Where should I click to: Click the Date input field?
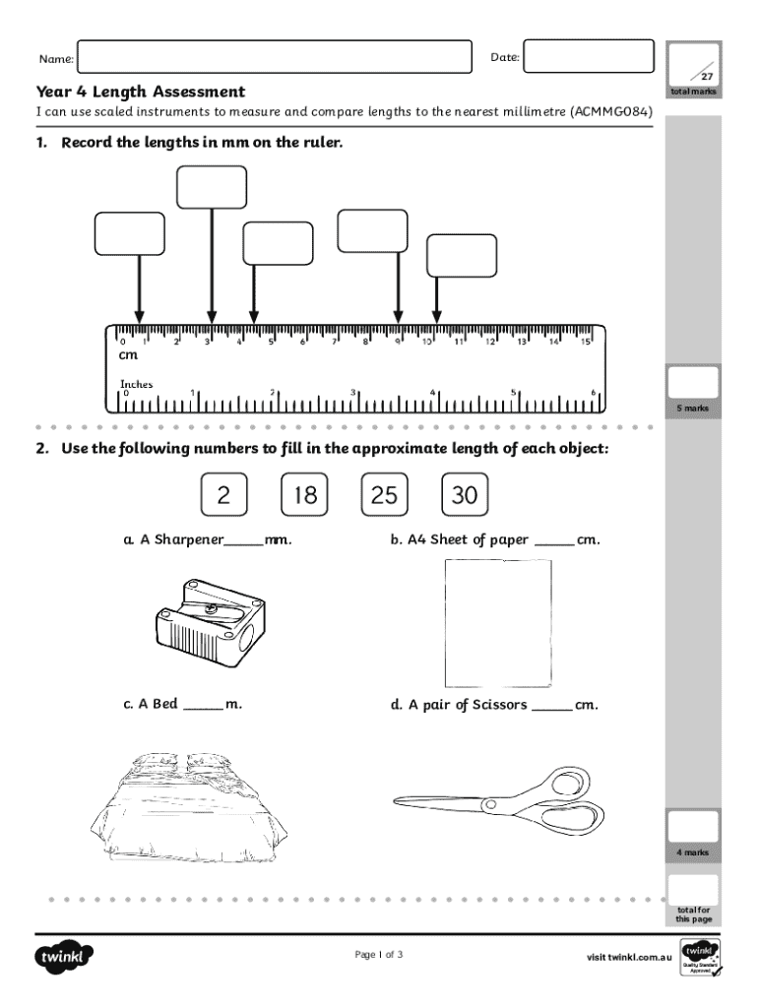pyautogui.click(x=588, y=57)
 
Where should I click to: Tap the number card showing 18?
pyautogui.click(x=304, y=496)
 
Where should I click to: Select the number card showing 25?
pyautogui.click(x=385, y=496)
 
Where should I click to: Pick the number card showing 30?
pyautogui.click(x=465, y=496)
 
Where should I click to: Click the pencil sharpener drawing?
pyautogui.click(x=205, y=621)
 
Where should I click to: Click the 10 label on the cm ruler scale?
pyautogui.click(x=428, y=342)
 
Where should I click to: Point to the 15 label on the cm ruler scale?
pyautogui.click(x=585, y=342)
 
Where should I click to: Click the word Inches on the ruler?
pyautogui.click(x=137, y=384)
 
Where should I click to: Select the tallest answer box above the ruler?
pyautogui.click(x=212, y=188)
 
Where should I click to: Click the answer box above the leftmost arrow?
pyautogui.click(x=130, y=233)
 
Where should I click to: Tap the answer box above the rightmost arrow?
pyautogui.click(x=461, y=256)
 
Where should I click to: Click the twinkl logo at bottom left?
pyautogui.click(x=65, y=956)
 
